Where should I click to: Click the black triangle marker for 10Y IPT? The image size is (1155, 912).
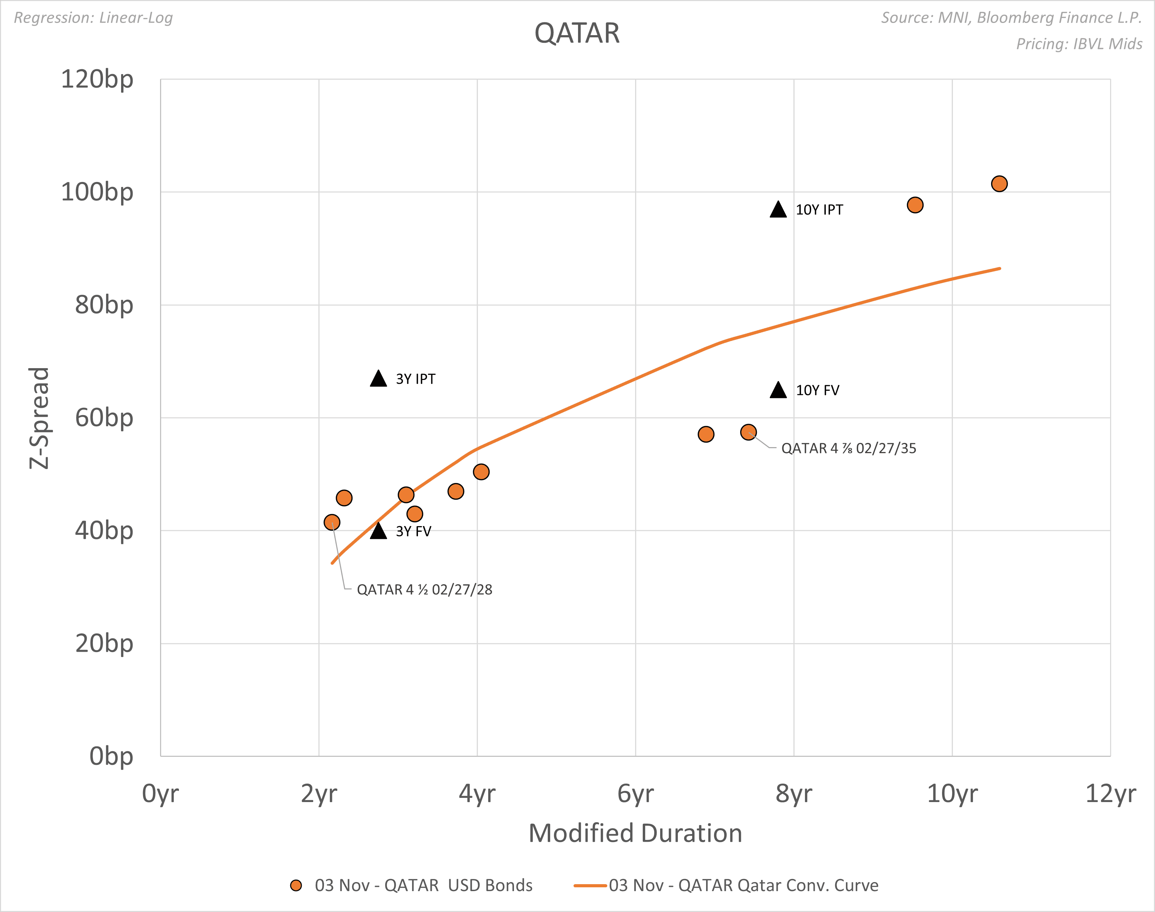778,210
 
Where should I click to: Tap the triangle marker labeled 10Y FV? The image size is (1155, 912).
778,391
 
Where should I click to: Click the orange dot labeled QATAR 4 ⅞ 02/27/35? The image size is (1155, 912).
748,432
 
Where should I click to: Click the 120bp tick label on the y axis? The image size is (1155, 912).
97,80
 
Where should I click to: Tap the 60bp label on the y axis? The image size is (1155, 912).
104,418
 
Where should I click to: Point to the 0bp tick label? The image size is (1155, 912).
111,756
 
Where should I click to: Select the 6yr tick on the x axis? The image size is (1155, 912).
635,793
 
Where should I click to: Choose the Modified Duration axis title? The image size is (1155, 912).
635,833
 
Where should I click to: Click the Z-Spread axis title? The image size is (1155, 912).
39,418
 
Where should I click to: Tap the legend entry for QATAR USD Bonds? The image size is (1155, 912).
411,885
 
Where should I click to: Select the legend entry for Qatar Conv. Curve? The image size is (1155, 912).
726,885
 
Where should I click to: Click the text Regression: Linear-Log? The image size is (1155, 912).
94,18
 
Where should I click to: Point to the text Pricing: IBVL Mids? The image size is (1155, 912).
1079,44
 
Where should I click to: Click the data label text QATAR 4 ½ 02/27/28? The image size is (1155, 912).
425,589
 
